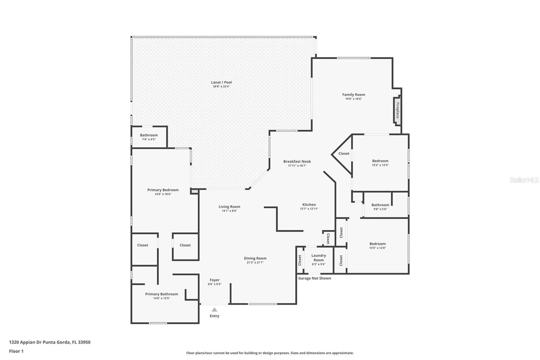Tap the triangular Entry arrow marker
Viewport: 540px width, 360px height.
point(214,310)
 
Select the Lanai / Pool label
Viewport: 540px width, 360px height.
point(221,82)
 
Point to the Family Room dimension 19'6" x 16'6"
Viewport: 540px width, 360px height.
point(354,99)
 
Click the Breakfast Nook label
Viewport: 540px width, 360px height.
point(297,161)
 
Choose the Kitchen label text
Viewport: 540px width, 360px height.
point(309,205)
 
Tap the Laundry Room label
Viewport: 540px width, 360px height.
point(319,258)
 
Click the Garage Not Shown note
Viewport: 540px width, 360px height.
point(315,278)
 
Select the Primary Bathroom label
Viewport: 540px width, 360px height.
point(162,294)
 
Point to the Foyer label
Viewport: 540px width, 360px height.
point(215,280)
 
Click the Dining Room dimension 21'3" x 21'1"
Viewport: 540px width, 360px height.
point(255,262)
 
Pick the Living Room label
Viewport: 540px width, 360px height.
point(229,207)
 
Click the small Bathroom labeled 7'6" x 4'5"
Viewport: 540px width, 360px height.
point(149,137)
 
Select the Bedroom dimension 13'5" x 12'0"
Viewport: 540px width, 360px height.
point(378,248)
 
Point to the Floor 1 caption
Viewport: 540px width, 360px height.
point(16,351)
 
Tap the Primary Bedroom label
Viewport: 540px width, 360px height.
point(163,190)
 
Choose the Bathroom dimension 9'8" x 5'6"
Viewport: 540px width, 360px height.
point(380,209)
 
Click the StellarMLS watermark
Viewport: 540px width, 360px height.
point(524,180)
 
